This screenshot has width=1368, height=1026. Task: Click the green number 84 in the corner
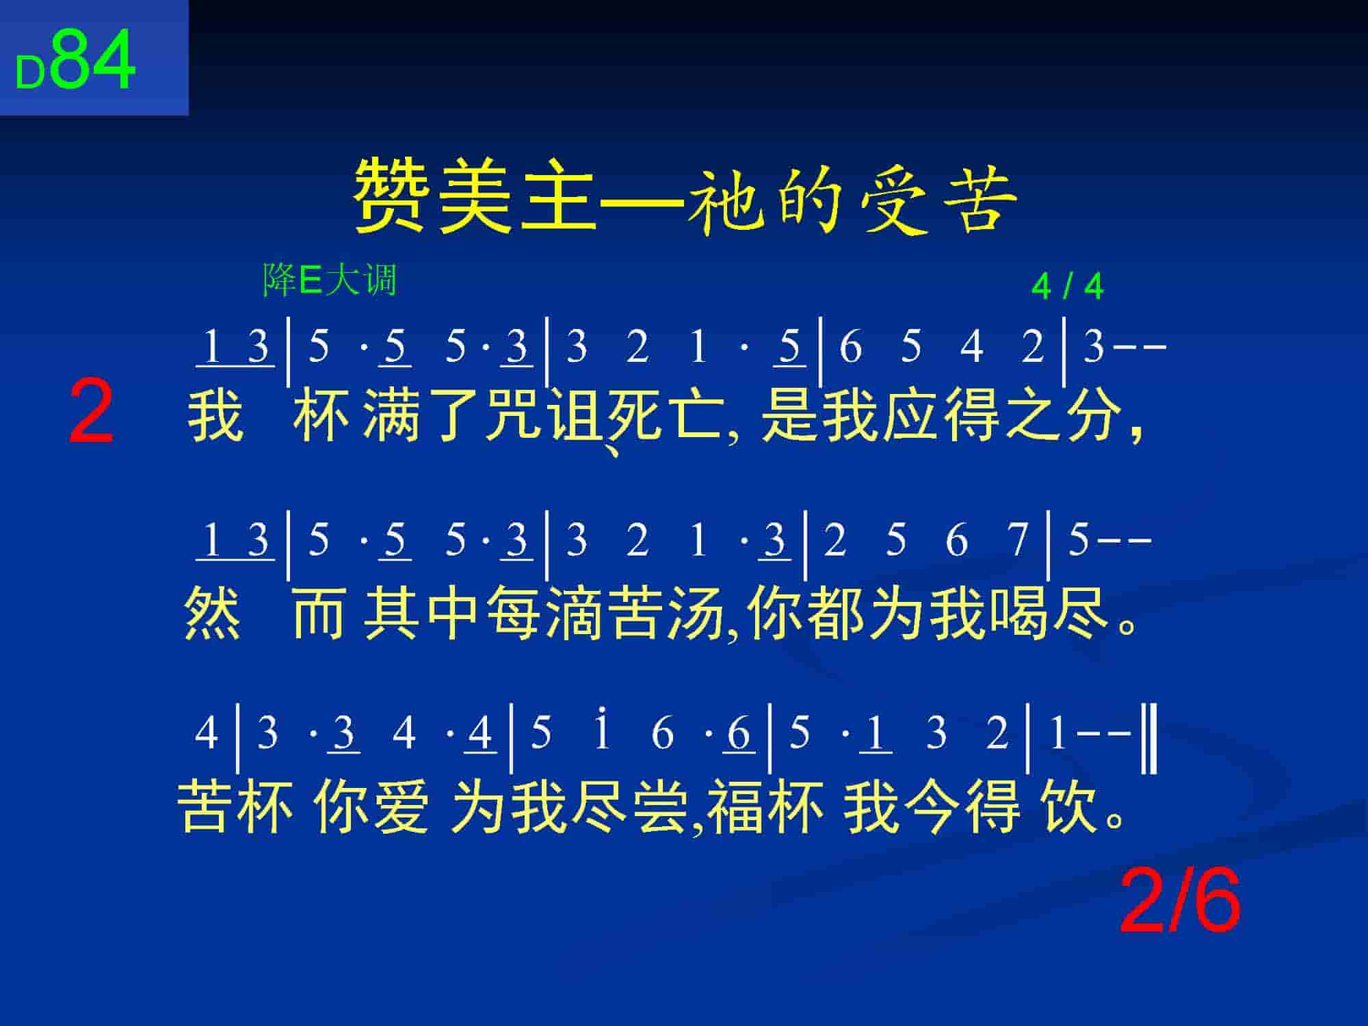pyautogui.click(x=93, y=60)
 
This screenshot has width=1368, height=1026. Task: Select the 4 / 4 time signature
pyautogui.click(x=1067, y=287)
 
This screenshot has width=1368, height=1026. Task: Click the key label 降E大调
pyautogui.click(x=330, y=280)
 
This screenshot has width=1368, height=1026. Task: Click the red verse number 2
pyautogui.click(x=91, y=412)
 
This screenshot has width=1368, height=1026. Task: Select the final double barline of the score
pyautogui.click(x=1149, y=739)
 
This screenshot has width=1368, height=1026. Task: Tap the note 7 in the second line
pyautogui.click(x=1018, y=540)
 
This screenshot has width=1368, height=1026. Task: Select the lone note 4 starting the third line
pyautogui.click(x=207, y=733)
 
